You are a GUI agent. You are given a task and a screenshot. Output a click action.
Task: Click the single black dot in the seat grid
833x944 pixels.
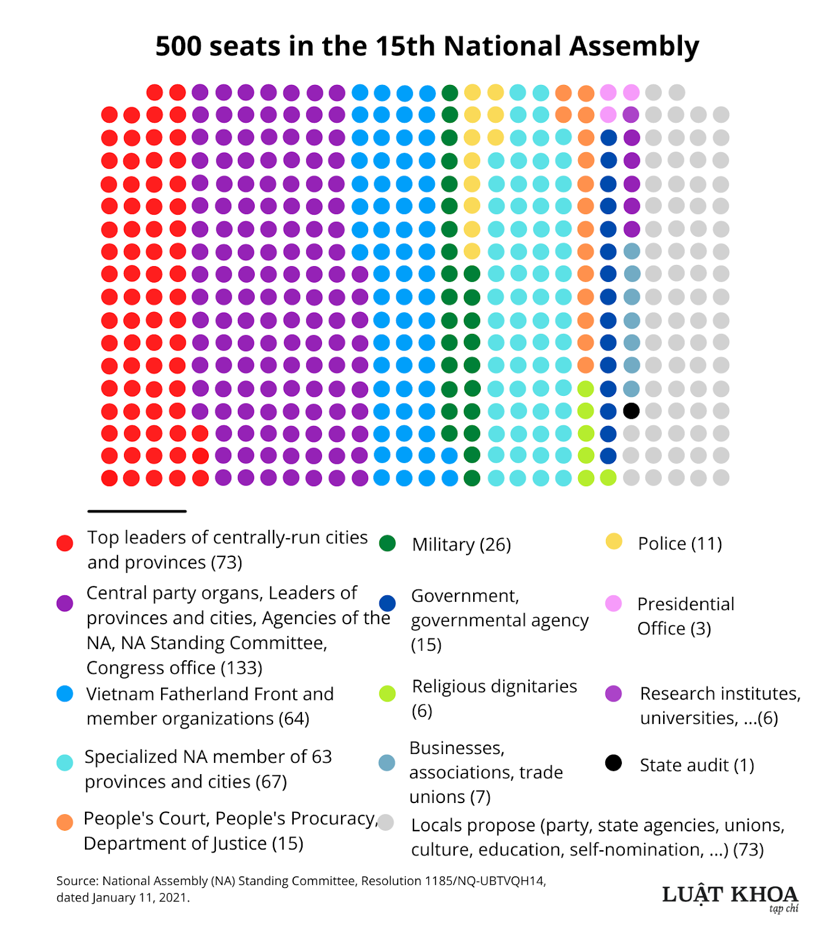[x=631, y=411]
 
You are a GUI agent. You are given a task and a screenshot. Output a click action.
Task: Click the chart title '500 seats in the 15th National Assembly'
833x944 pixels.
[x=427, y=46]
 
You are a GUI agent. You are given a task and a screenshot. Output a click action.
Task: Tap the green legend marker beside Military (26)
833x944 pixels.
[x=388, y=543]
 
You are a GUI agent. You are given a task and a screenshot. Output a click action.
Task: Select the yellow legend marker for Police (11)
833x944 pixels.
[x=614, y=542]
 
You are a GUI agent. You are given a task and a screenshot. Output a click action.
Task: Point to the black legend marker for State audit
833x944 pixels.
[x=614, y=763]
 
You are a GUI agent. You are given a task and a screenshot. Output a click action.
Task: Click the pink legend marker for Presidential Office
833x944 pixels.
[x=614, y=604]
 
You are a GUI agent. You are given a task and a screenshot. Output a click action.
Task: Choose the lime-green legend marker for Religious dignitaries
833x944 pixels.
[x=388, y=694]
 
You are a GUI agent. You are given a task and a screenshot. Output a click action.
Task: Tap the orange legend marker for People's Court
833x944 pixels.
[x=65, y=822]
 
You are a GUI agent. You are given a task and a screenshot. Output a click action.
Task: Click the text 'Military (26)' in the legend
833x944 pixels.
[x=461, y=544]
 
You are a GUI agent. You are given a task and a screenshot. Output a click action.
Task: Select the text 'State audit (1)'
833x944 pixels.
[x=697, y=765]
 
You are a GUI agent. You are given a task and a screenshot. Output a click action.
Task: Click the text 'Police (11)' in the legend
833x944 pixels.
[x=680, y=543]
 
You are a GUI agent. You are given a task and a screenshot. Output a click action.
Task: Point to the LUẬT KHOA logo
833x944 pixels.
[x=730, y=896]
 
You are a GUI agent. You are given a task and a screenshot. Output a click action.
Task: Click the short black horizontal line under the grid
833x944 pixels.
[x=137, y=511]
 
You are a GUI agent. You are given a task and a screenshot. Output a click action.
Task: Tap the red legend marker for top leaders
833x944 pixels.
[x=65, y=543]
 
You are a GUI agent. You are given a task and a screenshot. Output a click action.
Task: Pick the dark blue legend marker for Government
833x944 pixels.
[x=388, y=603]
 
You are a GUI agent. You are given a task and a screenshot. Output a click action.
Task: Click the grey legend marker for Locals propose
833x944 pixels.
[x=386, y=822]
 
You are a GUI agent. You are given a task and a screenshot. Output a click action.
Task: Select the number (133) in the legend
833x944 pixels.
[x=241, y=668]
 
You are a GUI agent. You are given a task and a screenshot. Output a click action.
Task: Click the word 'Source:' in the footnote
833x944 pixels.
[x=77, y=881]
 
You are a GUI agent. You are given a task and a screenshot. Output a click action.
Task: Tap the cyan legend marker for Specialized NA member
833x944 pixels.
[x=65, y=762]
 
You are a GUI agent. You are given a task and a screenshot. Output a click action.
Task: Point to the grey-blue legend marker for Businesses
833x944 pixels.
[x=387, y=762]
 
